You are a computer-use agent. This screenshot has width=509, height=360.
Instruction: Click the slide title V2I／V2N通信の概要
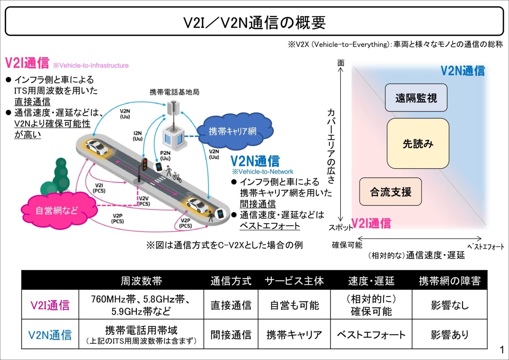pyautogui.click(x=254, y=23)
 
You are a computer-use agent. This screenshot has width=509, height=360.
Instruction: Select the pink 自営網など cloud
pyautogui.click(x=57, y=210)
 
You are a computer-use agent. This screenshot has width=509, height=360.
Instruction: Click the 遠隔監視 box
pyautogui.click(x=416, y=98)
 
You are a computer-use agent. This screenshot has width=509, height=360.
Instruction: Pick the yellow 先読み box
pyautogui.click(x=418, y=144)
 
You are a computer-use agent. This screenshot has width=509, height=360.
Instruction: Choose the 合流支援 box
pyautogui.click(x=390, y=192)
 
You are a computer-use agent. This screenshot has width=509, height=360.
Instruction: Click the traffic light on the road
pyautogui.click(x=144, y=165)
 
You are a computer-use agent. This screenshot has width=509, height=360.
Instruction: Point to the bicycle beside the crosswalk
pyautogui.click(x=177, y=177)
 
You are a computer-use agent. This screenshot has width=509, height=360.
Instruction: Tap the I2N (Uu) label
pyautogui.click(x=138, y=136)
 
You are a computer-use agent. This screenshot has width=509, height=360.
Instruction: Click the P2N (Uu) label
pyautogui.click(x=165, y=155)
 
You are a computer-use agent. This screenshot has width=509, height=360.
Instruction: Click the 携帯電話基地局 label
pyautogui.click(x=174, y=92)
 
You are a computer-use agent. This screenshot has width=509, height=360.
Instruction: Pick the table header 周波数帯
pyautogui.click(x=141, y=281)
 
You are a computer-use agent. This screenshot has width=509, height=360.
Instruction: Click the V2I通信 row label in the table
pyautogui.click(x=50, y=305)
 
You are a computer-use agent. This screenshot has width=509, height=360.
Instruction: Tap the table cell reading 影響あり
pyautogui.click(x=450, y=334)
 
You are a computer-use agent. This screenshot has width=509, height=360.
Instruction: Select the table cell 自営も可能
pyautogui.click(x=294, y=305)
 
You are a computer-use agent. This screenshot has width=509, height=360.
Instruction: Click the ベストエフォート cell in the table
pyautogui.click(x=371, y=334)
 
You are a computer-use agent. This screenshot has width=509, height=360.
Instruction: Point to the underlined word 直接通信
pyautogui.click(x=32, y=102)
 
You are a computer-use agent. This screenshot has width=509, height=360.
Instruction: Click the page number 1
pyautogui.click(x=502, y=349)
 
